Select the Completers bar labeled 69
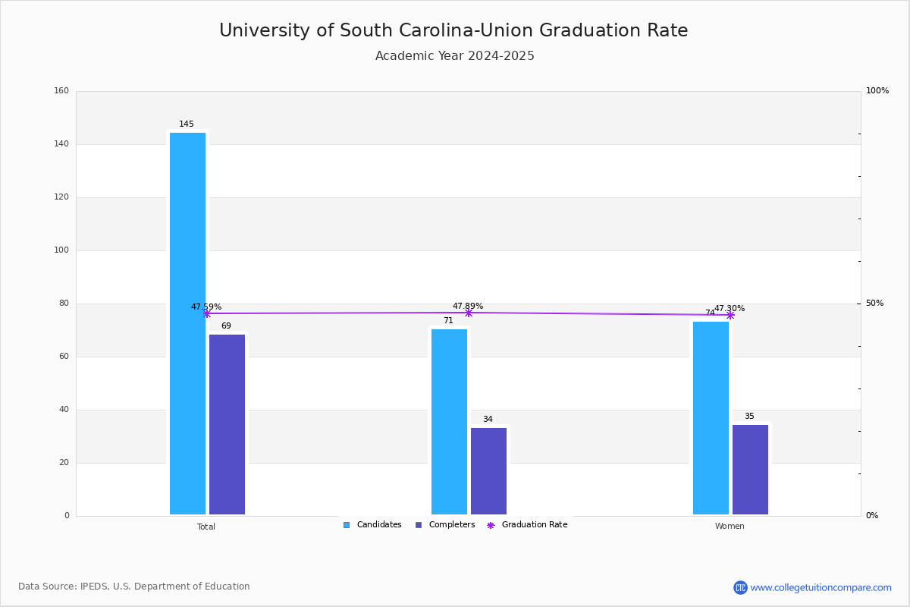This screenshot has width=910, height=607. pos(227,424)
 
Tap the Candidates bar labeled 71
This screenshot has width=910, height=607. pos(449,421)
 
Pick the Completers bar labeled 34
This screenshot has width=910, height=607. pos(488,470)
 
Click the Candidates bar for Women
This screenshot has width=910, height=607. pos(711,417)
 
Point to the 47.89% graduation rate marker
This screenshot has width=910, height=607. pos(469,313)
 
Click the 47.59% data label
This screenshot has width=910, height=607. pos(206,307)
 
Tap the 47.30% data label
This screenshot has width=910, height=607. pos(730,308)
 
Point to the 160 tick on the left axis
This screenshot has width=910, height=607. pos(61,91)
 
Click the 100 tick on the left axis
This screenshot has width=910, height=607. pos(61,250)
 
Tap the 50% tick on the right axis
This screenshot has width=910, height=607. pos(874,303)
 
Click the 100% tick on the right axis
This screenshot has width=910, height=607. pos(877,91)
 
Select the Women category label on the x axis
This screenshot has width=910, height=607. pos(730,527)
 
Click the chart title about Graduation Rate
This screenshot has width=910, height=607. pos(453,30)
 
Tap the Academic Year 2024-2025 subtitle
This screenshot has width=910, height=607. pos(455,56)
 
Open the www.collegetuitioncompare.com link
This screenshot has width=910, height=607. pos(821,587)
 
